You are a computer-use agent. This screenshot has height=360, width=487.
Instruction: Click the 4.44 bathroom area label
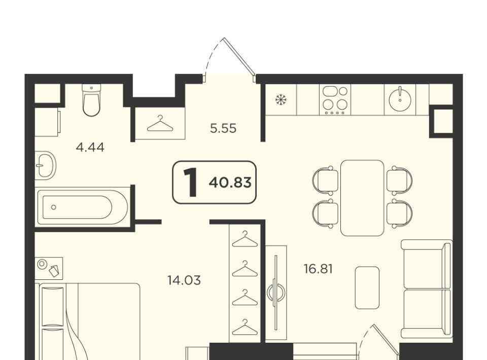point(90,148)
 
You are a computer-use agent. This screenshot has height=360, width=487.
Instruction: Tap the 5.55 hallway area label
point(223,128)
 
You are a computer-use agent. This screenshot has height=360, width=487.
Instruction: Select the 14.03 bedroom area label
point(184,280)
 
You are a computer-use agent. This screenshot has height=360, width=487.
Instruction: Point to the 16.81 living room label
point(318,269)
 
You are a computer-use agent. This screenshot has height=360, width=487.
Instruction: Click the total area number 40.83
point(230,183)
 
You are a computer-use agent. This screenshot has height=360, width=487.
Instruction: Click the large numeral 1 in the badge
point(190,182)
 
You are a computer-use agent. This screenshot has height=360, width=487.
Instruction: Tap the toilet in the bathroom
point(92,99)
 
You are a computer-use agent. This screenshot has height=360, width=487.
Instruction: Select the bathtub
point(83,207)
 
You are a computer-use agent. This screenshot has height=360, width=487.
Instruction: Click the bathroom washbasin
point(45,165)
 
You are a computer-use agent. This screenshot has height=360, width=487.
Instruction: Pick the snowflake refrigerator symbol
point(281,100)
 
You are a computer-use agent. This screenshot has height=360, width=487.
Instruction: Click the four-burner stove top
point(335,99)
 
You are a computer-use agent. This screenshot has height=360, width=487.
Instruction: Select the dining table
point(362,198)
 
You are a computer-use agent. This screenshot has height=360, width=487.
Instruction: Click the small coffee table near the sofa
point(367,287)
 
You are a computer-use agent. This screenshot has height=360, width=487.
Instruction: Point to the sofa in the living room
point(427,289)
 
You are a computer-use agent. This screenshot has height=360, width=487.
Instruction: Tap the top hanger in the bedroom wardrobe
point(245,239)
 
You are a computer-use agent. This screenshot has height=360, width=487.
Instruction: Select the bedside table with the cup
point(49,268)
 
